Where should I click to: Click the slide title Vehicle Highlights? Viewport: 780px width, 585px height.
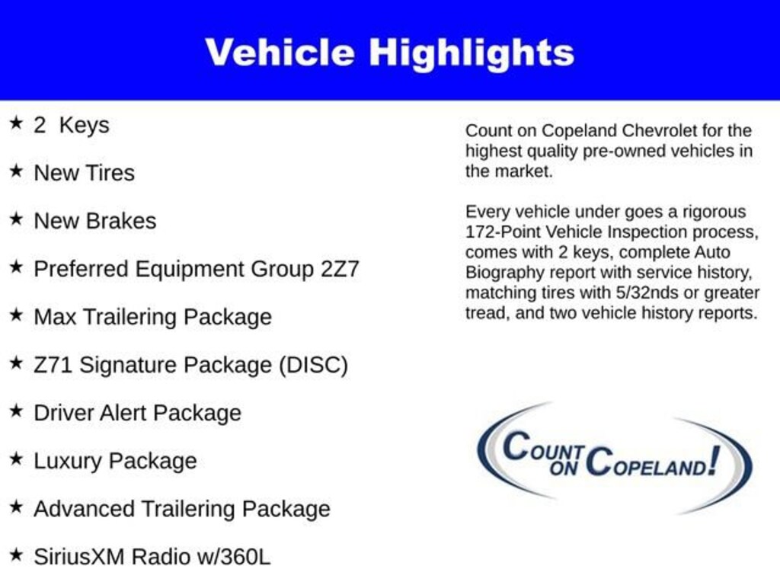point(389,53)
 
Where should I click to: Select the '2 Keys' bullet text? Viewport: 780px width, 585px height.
point(71,125)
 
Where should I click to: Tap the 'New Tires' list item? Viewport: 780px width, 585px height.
point(84,173)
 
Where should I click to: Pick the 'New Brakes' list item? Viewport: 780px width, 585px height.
point(94,221)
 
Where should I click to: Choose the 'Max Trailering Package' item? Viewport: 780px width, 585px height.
point(152,317)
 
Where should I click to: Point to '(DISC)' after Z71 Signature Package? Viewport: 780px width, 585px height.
point(313,365)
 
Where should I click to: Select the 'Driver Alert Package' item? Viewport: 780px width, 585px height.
point(137,413)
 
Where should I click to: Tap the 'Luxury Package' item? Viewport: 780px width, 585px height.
point(115,461)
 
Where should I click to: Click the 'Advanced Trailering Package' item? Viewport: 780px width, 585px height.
point(181,509)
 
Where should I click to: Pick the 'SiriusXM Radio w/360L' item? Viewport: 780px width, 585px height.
point(152,557)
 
